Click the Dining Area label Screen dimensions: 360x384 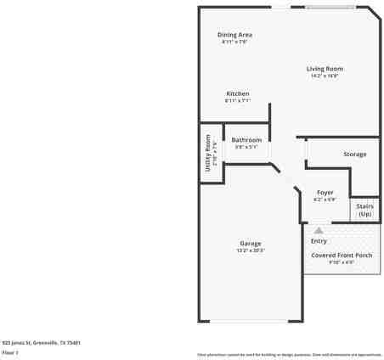click(235, 35)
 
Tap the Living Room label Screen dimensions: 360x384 click(325, 69)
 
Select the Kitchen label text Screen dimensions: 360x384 click(237, 93)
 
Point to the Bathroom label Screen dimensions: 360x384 click(246, 139)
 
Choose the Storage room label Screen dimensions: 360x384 click(354, 155)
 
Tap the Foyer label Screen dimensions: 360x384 click(325, 193)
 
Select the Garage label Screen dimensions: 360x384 click(250, 244)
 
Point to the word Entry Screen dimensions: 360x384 click(319, 241)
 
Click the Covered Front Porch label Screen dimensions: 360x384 click(341, 255)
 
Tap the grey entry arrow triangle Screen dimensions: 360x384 click(319, 229)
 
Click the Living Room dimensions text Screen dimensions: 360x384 click(325, 76)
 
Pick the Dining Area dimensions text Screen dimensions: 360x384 click(235, 42)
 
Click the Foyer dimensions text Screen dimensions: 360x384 click(325, 200)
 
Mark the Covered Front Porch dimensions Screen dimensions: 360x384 click(341, 262)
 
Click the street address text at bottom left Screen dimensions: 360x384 click(41, 342)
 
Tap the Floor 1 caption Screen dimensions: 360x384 click(10, 352)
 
